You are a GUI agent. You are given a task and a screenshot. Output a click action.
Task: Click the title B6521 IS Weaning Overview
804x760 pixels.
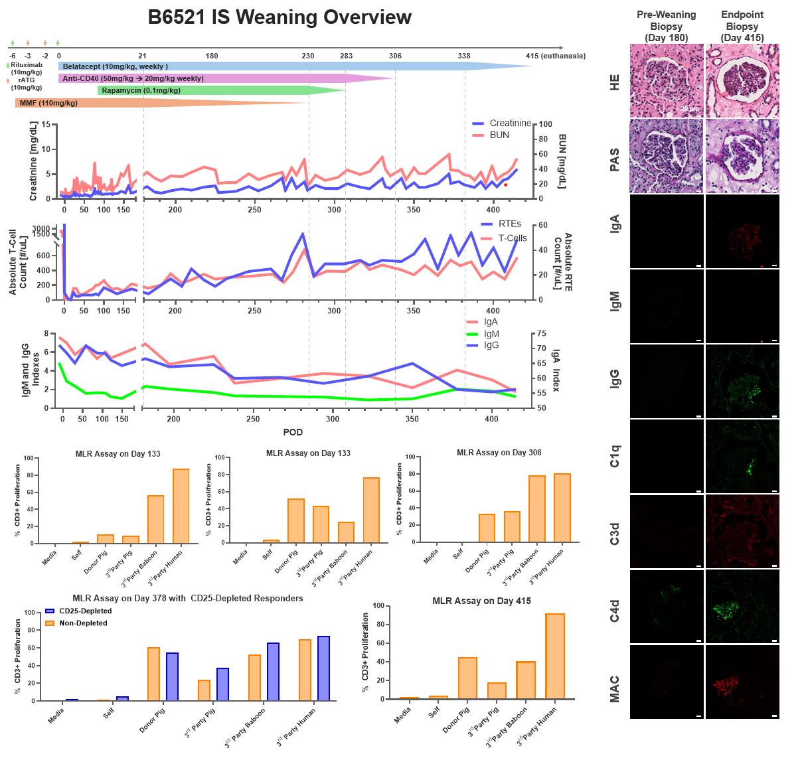[x=280, y=17]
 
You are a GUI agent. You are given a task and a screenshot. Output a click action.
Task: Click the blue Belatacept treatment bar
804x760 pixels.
[x=266, y=66]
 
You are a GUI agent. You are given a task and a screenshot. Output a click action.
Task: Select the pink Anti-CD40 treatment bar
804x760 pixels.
[x=199, y=78]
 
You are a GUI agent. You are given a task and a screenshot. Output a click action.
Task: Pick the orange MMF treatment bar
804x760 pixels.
[x=133, y=103]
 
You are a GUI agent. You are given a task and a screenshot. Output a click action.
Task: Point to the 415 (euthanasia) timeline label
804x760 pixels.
[x=555, y=56]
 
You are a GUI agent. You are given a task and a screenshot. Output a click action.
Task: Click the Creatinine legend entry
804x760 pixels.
[x=509, y=123]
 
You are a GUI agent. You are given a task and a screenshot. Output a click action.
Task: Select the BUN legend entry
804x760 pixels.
[x=499, y=135]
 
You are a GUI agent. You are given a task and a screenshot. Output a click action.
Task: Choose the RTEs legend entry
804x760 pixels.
[x=509, y=224]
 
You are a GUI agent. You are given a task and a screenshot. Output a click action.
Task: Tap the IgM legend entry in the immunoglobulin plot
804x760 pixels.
[x=491, y=334]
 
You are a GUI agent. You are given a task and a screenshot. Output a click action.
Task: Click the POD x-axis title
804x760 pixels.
[x=293, y=432]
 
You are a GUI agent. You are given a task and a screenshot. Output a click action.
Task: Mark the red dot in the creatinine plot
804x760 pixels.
[x=506, y=185]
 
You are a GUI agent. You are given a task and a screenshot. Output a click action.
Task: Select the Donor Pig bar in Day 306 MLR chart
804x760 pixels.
[x=487, y=528]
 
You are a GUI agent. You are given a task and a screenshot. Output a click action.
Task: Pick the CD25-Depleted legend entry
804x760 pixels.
[x=85, y=611]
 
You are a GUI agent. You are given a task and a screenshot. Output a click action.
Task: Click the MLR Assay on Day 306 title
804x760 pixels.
[x=499, y=453]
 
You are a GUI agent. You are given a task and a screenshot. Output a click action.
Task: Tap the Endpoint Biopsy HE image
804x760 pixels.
[x=742, y=80]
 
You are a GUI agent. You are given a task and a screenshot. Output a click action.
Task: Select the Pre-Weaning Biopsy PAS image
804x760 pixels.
[x=666, y=156]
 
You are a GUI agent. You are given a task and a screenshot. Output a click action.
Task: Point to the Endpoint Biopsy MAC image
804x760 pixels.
[x=742, y=682]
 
